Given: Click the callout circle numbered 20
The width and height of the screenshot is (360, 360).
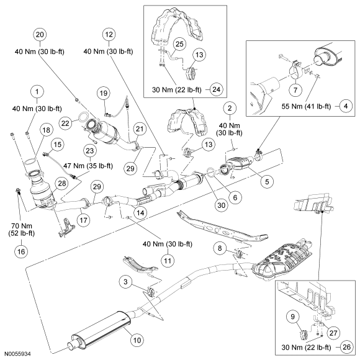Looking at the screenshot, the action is click(x=40, y=35).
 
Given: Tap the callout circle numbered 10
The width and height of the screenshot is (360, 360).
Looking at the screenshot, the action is click(x=137, y=340).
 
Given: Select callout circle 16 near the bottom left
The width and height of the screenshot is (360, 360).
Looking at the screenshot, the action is click(x=21, y=251).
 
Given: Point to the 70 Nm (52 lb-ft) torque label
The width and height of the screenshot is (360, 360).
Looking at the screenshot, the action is click(x=21, y=230).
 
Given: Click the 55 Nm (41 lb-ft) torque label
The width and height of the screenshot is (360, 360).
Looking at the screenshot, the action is click(x=306, y=107).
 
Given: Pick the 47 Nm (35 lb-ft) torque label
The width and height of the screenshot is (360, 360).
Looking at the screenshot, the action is click(x=88, y=166).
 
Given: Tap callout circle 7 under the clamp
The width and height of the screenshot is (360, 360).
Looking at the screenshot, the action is click(x=295, y=90).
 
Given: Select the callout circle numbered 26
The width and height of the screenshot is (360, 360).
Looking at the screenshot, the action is click(x=346, y=347).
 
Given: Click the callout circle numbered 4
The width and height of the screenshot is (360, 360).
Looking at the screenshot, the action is click(x=346, y=106).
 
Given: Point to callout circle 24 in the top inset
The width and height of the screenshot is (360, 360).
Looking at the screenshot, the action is click(x=216, y=89).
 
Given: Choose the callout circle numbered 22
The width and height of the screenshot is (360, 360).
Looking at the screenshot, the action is click(x=65, y=124).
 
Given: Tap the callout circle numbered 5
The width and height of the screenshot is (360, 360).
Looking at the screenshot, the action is click(x=267, y=182).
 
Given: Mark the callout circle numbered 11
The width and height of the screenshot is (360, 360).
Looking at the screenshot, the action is click(x=168, y=261).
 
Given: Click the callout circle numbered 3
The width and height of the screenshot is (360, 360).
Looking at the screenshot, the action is click(x=125, y=281).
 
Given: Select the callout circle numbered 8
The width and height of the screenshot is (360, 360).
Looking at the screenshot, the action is click(x=220, y=248).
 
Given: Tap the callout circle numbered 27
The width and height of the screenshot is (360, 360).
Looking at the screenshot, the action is click(x=333, y=333).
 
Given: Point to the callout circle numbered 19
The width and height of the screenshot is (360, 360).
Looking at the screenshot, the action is click(x=104, y=93).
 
